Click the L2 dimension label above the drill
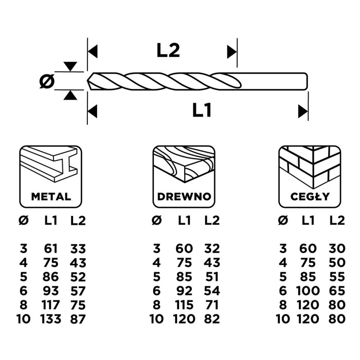tap(168, 50)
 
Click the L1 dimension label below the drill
tap(203, 110)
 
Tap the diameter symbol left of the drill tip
tap(47, 81)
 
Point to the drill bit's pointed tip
tap(89, 81)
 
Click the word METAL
tap(51, 196)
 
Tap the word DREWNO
tap(183, 196)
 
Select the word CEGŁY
tap(310, 196)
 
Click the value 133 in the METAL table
tap(51, 319)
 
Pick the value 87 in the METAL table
tap(78, 319)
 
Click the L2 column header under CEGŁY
tap(337, 221)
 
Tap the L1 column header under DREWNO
tap(184, 221)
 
